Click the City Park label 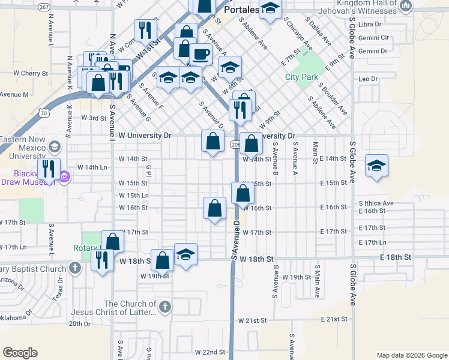coord(301,77)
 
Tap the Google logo coord(20,353)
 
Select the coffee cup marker coord(201,54)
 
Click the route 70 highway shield coord(44,112)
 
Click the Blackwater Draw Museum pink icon coord(65,176)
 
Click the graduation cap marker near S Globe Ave coord(376,166)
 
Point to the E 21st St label coord(335,320)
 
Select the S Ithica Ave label coord(376,203)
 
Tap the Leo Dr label coord(367,79)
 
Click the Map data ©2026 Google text coord(412,355)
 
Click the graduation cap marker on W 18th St coord(186,253)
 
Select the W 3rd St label coord(94,118)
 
